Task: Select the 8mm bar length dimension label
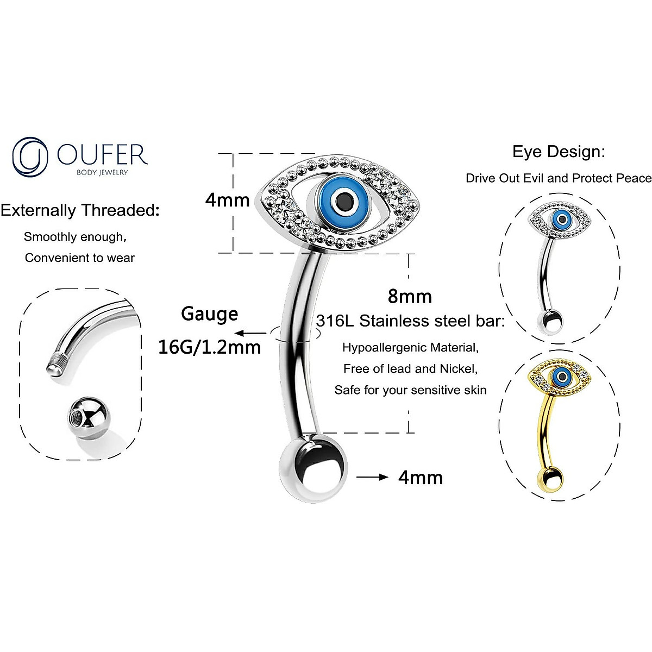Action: tap(410, 296)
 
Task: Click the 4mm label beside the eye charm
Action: tap(227, 200)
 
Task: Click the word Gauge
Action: tap(210, 314)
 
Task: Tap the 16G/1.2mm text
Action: tap(209, 347)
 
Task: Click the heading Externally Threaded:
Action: tap(80, 210)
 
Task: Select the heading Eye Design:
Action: tap(559, 152)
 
